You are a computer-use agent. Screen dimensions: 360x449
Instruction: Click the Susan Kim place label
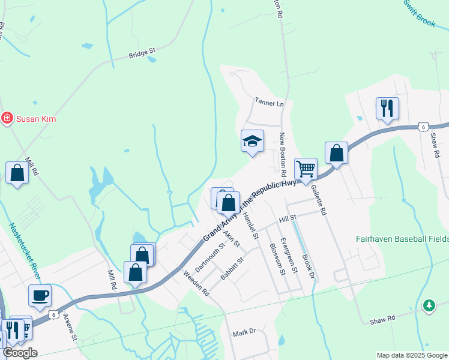coord(36,119)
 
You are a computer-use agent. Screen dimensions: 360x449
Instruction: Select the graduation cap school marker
coord(252,142)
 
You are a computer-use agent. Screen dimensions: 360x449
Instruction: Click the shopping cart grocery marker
coord(306,169)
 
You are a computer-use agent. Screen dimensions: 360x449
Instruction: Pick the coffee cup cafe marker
coord(40,295)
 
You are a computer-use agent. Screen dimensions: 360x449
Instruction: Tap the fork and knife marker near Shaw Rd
coord(387,109)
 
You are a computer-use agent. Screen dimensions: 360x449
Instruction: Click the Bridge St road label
coord(142,55)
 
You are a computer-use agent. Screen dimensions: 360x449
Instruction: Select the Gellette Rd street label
coord(319,200)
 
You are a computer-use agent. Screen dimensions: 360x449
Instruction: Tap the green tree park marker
coord(428,305)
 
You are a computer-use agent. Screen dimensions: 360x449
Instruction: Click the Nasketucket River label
coord(24,250)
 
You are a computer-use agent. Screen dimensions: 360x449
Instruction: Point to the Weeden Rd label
coord(196,283)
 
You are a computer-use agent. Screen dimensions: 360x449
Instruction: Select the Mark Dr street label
coord(244,332)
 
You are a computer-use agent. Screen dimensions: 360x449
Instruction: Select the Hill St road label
coord(288,218)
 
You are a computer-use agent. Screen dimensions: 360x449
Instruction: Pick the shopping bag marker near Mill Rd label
coord(17,173)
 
